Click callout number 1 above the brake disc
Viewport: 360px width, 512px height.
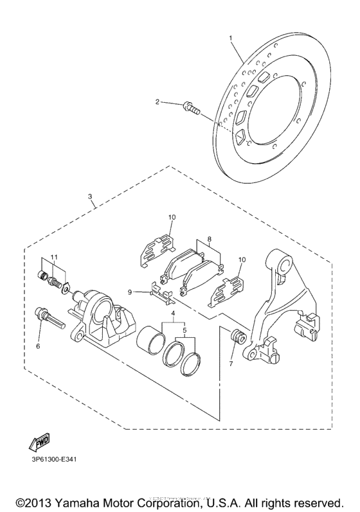(x=231, y=39)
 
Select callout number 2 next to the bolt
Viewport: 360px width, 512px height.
(x=157, y=102)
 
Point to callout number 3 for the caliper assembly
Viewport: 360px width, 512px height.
(x=90, y=197)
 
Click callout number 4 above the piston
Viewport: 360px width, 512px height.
(x=172, y=313)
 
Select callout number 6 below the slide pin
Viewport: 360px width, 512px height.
(x=38, y=346)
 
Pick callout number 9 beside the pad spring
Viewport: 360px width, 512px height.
(x=130, y=292)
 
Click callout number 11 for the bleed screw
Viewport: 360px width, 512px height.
(x=53, y=257)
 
